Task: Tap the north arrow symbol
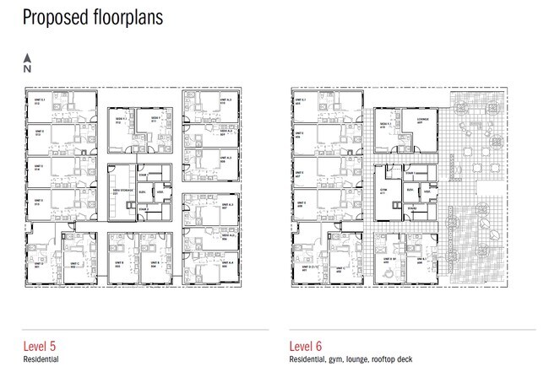point(27,63)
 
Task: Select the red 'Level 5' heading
point(42,346)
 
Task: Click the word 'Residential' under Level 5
point(41,359)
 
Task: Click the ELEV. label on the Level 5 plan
point(144,193)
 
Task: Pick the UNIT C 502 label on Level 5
point(73,266)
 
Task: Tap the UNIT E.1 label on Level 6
point(301,103)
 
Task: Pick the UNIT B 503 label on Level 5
point(119,265)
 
